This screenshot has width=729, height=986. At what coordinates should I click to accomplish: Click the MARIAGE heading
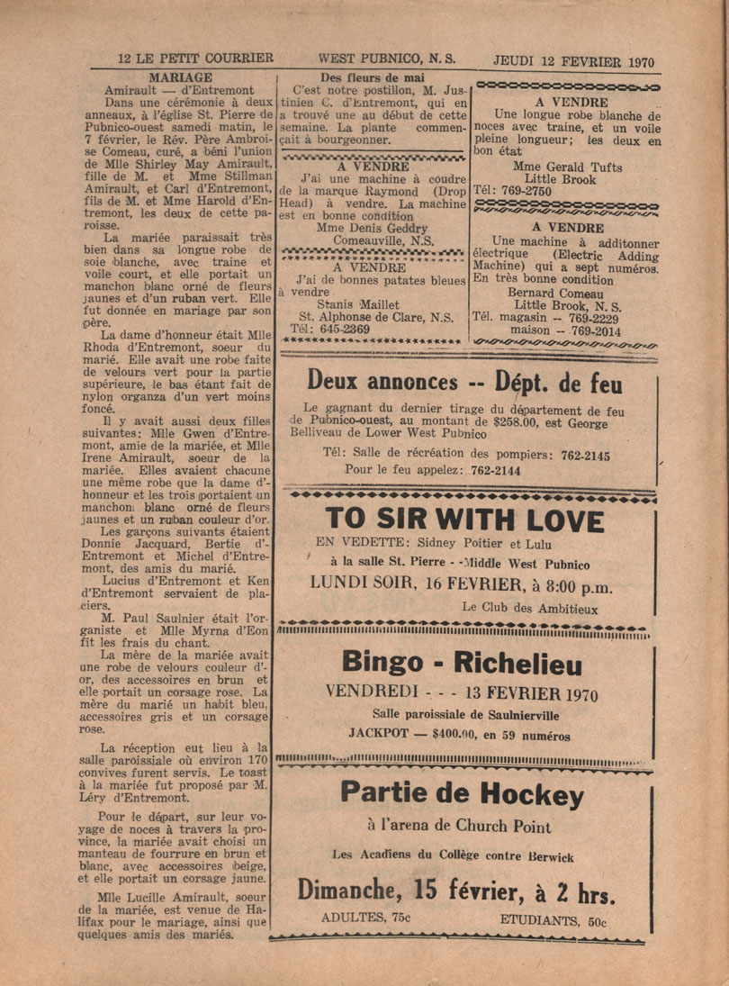pos(180,77)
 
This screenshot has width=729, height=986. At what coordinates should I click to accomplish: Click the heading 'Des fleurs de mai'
pos(373,77)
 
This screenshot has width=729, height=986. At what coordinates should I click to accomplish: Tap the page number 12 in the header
pos(125,59)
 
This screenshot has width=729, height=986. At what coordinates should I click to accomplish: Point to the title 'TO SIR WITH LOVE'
pos(464,521)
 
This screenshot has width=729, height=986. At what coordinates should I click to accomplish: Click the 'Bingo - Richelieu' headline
pos(462,665)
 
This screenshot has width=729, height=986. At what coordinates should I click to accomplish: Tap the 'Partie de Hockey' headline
pos(462,793)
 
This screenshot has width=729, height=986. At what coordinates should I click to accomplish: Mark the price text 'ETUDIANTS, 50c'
pos(554,920)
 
